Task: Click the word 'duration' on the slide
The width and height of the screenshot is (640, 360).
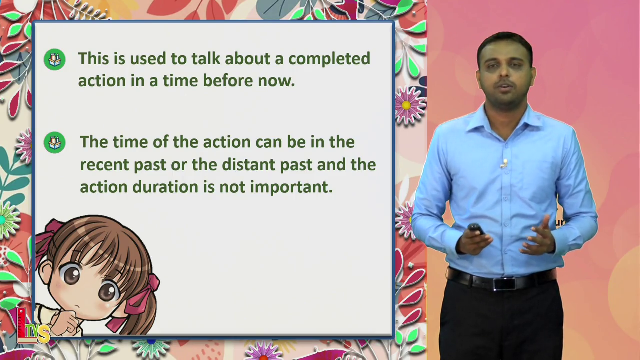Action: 165,187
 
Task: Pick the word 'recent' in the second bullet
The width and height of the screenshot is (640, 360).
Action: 104,165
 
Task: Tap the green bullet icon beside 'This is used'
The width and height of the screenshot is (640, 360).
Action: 55,59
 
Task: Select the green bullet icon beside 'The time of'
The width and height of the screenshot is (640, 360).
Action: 55,142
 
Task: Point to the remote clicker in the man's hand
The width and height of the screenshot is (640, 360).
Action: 476,229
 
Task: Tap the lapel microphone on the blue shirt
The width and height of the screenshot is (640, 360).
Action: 504,163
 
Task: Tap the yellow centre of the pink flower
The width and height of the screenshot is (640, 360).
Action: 406,105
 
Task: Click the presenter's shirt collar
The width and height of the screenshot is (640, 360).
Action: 505,120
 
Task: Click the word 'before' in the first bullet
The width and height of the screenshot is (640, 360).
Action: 228,80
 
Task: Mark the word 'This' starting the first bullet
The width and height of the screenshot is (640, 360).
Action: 93,58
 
